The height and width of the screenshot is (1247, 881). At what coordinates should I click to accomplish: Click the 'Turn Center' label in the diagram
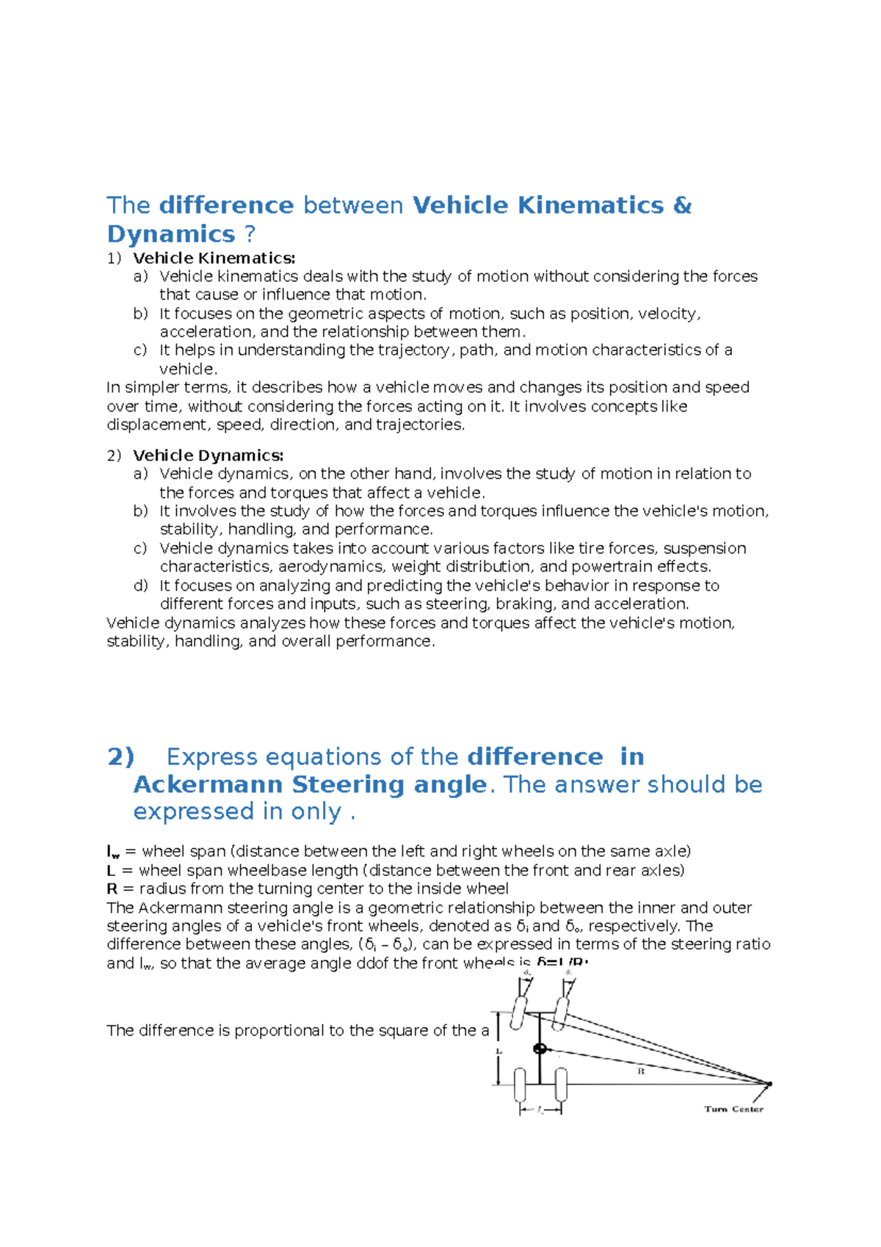(733, 1109)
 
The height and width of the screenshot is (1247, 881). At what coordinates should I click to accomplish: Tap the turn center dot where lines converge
(769, 1083)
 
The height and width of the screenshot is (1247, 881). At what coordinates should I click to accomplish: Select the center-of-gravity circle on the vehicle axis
(540, 1049)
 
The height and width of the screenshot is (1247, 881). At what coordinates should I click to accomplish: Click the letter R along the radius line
(640, 1071)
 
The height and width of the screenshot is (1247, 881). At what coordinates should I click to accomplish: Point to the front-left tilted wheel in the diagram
(520, 1013)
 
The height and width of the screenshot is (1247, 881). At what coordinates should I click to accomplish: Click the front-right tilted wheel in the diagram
(562, 1013)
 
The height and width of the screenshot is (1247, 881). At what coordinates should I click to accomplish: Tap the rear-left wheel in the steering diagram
(520, 1085)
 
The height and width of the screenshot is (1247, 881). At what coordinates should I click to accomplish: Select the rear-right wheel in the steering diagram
(562, 1085)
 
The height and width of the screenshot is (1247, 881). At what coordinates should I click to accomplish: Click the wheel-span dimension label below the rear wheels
(540, 1110)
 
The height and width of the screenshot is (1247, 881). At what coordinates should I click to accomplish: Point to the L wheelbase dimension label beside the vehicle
(499, 1051)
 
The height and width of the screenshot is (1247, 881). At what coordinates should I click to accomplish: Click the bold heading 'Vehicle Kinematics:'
(214, 258)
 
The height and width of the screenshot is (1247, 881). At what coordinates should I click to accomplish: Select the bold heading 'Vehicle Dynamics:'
(208, 455)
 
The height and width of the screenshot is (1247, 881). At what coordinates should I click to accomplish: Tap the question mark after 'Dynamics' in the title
(250, 234)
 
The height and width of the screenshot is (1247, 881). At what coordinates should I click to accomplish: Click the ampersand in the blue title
(682, 205)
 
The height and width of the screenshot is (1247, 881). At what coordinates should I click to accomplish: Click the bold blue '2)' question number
(121, 756)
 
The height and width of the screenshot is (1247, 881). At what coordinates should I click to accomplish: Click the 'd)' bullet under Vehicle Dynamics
(141, 585)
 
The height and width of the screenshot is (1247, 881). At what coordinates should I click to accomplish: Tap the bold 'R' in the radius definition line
(112, 889)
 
